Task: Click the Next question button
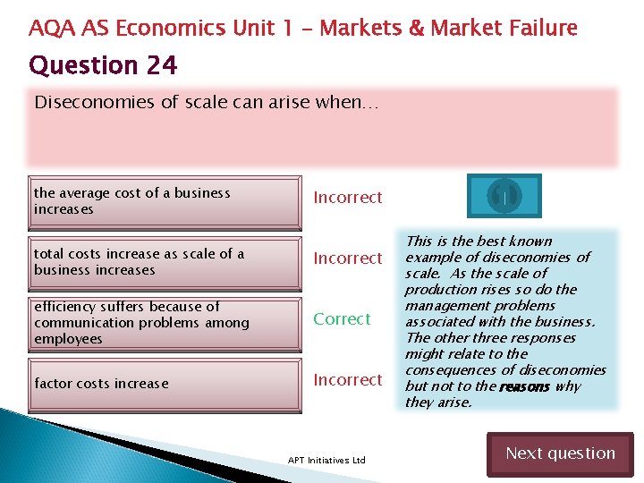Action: (x=560, y=453)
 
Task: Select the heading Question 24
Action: (x=103, y=65)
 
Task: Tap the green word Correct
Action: (x=341, y=319)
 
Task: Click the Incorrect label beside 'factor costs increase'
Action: (x=347, y=380)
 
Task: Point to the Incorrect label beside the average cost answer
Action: (x=347, y=198)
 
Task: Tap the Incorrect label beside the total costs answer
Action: (x=347, y=258)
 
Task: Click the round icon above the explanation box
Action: (x=504, y=194)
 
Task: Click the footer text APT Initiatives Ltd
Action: (x=326, y=460)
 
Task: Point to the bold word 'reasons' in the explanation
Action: (x=524, y=387)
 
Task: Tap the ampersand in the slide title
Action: (x=417, y=29)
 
